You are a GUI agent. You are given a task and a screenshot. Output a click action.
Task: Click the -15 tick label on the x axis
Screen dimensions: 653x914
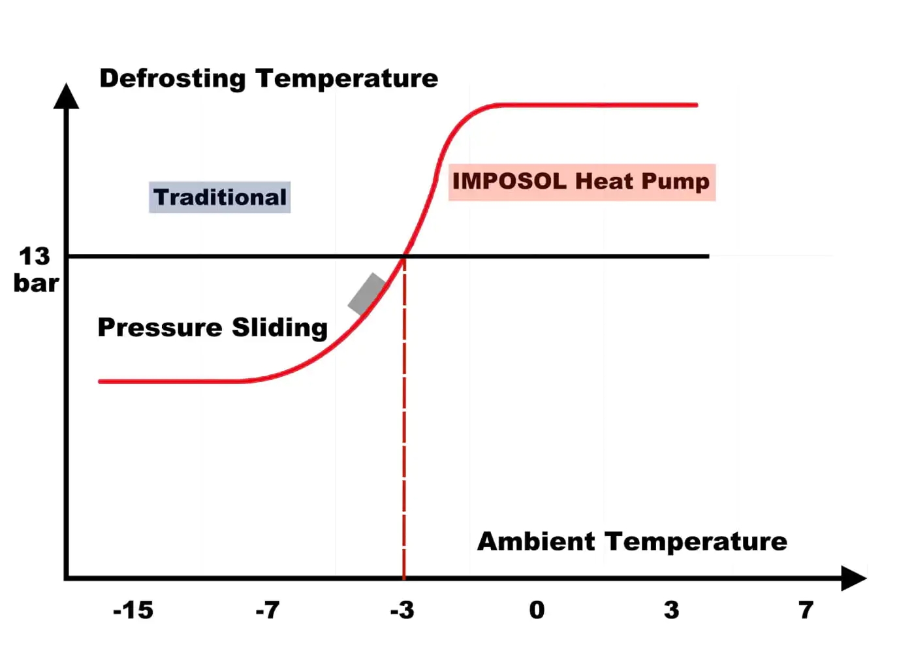[133, 611]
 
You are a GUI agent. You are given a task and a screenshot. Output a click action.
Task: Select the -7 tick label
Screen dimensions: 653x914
[268, 611]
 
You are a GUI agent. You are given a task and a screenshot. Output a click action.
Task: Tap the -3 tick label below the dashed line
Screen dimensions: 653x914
[402, 611]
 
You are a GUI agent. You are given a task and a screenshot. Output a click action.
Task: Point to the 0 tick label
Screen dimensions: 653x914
[537, 611]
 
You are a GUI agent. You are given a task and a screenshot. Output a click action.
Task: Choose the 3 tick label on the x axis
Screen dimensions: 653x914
[671, 611]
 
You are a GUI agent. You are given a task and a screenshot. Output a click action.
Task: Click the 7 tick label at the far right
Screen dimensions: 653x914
[806, 611]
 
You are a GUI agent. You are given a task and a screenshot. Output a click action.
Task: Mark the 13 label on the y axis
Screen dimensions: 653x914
[35, 257]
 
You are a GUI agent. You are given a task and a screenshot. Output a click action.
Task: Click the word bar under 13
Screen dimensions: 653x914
[37, 283]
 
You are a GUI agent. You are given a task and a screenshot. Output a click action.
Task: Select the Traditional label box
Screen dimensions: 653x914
[220, 197]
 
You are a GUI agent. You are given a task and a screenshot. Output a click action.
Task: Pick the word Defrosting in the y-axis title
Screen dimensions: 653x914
[172, 78]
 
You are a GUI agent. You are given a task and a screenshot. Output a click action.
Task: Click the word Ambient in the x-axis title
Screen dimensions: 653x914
[536, 541]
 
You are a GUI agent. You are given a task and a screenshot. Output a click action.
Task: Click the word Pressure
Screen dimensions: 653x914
[160, 327]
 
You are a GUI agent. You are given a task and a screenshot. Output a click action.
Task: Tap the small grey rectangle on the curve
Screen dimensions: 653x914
[368, 294]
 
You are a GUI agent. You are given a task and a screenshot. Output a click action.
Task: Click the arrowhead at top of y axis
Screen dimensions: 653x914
[66, 96]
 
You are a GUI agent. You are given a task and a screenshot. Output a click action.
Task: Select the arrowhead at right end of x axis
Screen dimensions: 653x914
[853, 578]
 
